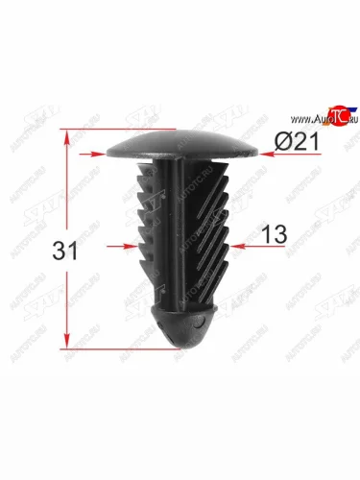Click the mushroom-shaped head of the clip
pyautogui.click(x=181, y=146)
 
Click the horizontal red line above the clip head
pyautogui.click(x=120, y=129)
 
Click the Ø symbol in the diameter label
pyautogui.click(x=282, y=142)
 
